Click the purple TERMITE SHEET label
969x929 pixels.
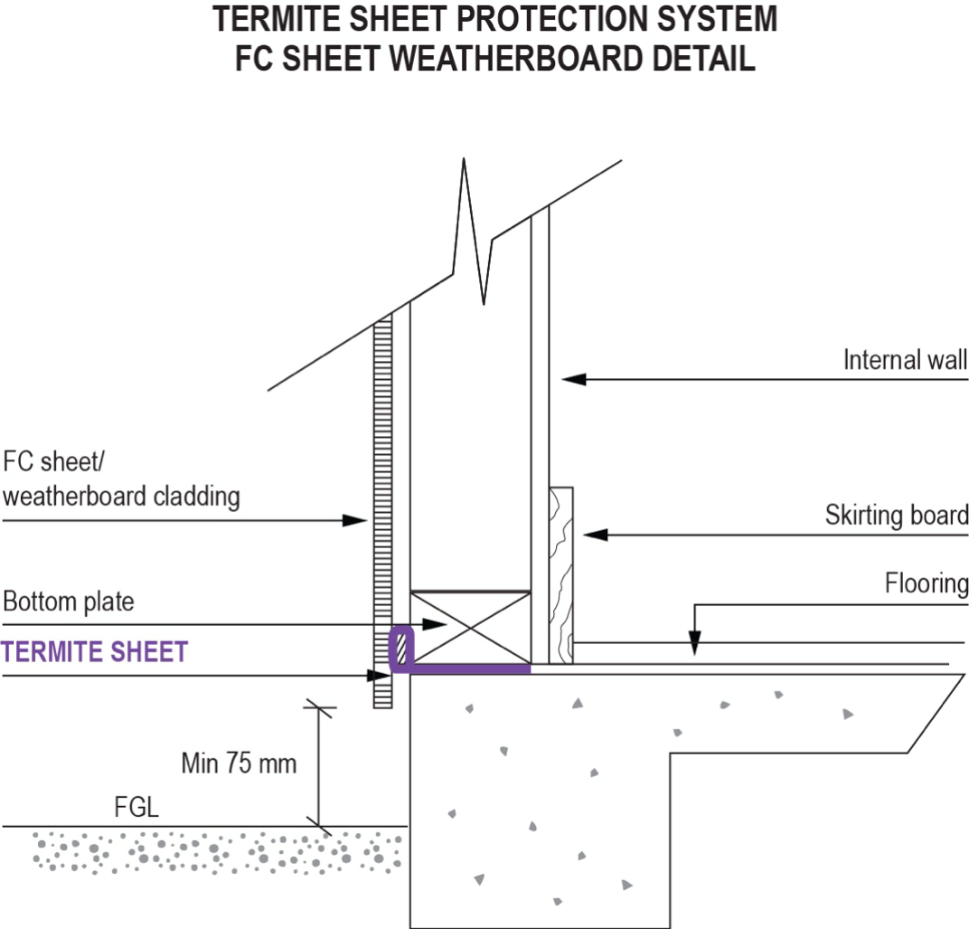95,651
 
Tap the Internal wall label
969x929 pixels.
905,360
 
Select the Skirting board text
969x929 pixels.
896,516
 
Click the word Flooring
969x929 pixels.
927,583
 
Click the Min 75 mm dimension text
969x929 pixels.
238,763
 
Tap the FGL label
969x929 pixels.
135,807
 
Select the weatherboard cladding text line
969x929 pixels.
122,496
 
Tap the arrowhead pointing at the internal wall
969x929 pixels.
571,379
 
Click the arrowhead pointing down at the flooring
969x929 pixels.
693,647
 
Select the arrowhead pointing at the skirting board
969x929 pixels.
595,536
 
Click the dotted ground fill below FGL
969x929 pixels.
217,850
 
